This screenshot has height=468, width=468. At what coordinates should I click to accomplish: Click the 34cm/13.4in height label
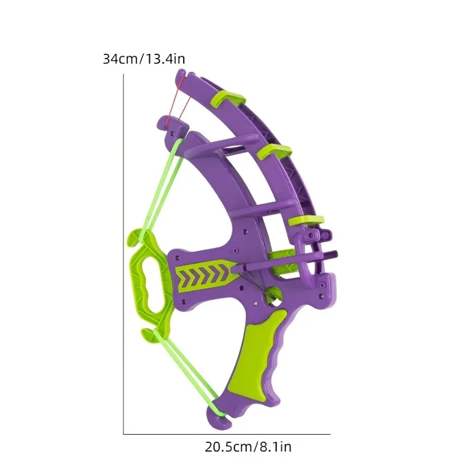[x=144, y=59]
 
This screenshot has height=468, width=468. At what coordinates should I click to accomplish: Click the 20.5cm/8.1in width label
[x=248, y=447]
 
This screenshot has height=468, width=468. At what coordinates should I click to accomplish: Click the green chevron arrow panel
[x=206, y=276]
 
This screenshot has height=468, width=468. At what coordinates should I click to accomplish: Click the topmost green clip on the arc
[x=228, y=99]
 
